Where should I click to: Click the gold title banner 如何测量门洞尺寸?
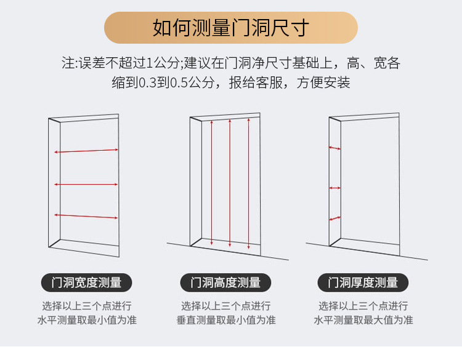230,28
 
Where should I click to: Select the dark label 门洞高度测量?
225,282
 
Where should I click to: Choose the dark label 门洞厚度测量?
362,282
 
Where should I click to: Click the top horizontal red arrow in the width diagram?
86,150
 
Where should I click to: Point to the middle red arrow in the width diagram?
86,184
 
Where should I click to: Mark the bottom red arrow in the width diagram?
86,215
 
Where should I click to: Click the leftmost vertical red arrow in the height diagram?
212,182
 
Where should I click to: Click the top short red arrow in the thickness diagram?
334,148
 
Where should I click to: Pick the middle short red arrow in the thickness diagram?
334,188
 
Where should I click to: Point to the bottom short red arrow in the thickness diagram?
334,218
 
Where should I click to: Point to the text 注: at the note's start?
69,63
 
